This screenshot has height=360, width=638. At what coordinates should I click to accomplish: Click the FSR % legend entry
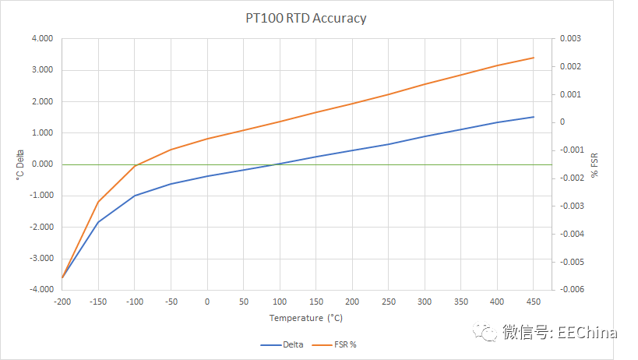click(341, 344)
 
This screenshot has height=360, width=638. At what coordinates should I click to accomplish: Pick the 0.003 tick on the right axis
click(570, 38)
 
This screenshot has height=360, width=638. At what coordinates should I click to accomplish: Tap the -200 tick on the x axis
click(62, 301)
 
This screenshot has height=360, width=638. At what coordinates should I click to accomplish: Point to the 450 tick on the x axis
click(533, 301)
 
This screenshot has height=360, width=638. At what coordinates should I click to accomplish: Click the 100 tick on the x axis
click(280, 301)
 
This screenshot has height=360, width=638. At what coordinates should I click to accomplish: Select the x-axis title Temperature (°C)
click(305, 318)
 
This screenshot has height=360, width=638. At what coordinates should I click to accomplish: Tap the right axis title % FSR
click(595, 164)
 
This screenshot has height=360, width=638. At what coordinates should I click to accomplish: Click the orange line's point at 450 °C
click(533, 58)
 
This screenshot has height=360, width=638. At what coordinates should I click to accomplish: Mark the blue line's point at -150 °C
click(98, 222)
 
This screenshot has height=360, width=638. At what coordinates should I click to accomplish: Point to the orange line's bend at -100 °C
click(135, 166)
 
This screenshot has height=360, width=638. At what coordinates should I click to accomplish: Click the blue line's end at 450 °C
click(533, 117)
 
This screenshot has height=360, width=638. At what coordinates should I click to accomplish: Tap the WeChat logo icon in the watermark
click(488, 333)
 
